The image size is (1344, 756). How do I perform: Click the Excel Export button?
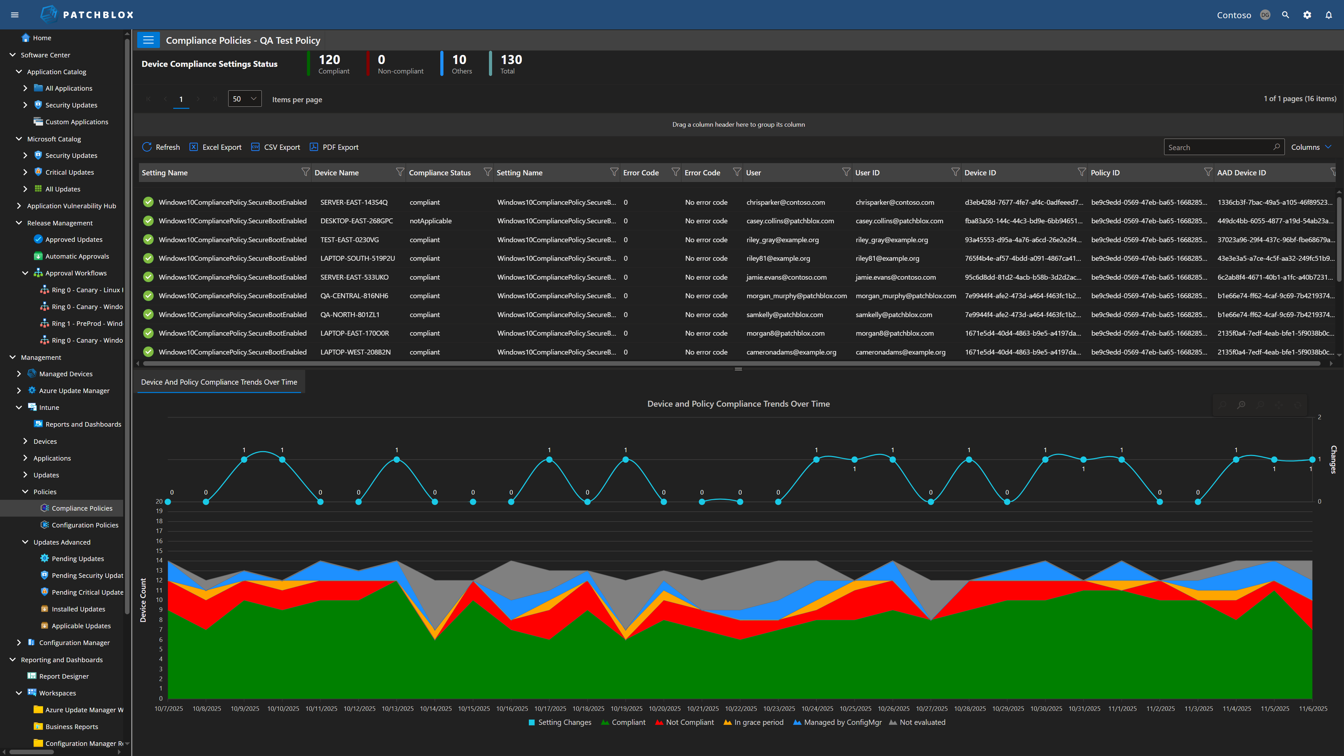tap(216, 147)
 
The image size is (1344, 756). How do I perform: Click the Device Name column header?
tap(336, 173)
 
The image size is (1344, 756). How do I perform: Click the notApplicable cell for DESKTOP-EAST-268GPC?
tap(430, 221)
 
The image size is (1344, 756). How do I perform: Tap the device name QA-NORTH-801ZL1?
tap(350, 315)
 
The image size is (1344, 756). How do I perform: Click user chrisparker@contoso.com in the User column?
tap(785, 202)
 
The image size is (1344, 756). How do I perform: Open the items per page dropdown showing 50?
tap(244, 99)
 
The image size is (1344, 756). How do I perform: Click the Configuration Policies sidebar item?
tap(84, 525)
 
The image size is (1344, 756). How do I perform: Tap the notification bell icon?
tap(1328, 15)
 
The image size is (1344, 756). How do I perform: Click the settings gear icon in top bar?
tap(1307, 15)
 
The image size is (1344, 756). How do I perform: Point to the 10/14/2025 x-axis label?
tap(436, 708)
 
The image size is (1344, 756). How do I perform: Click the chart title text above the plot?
tap(738, 404)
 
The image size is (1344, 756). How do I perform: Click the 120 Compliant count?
tap(329, 64)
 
